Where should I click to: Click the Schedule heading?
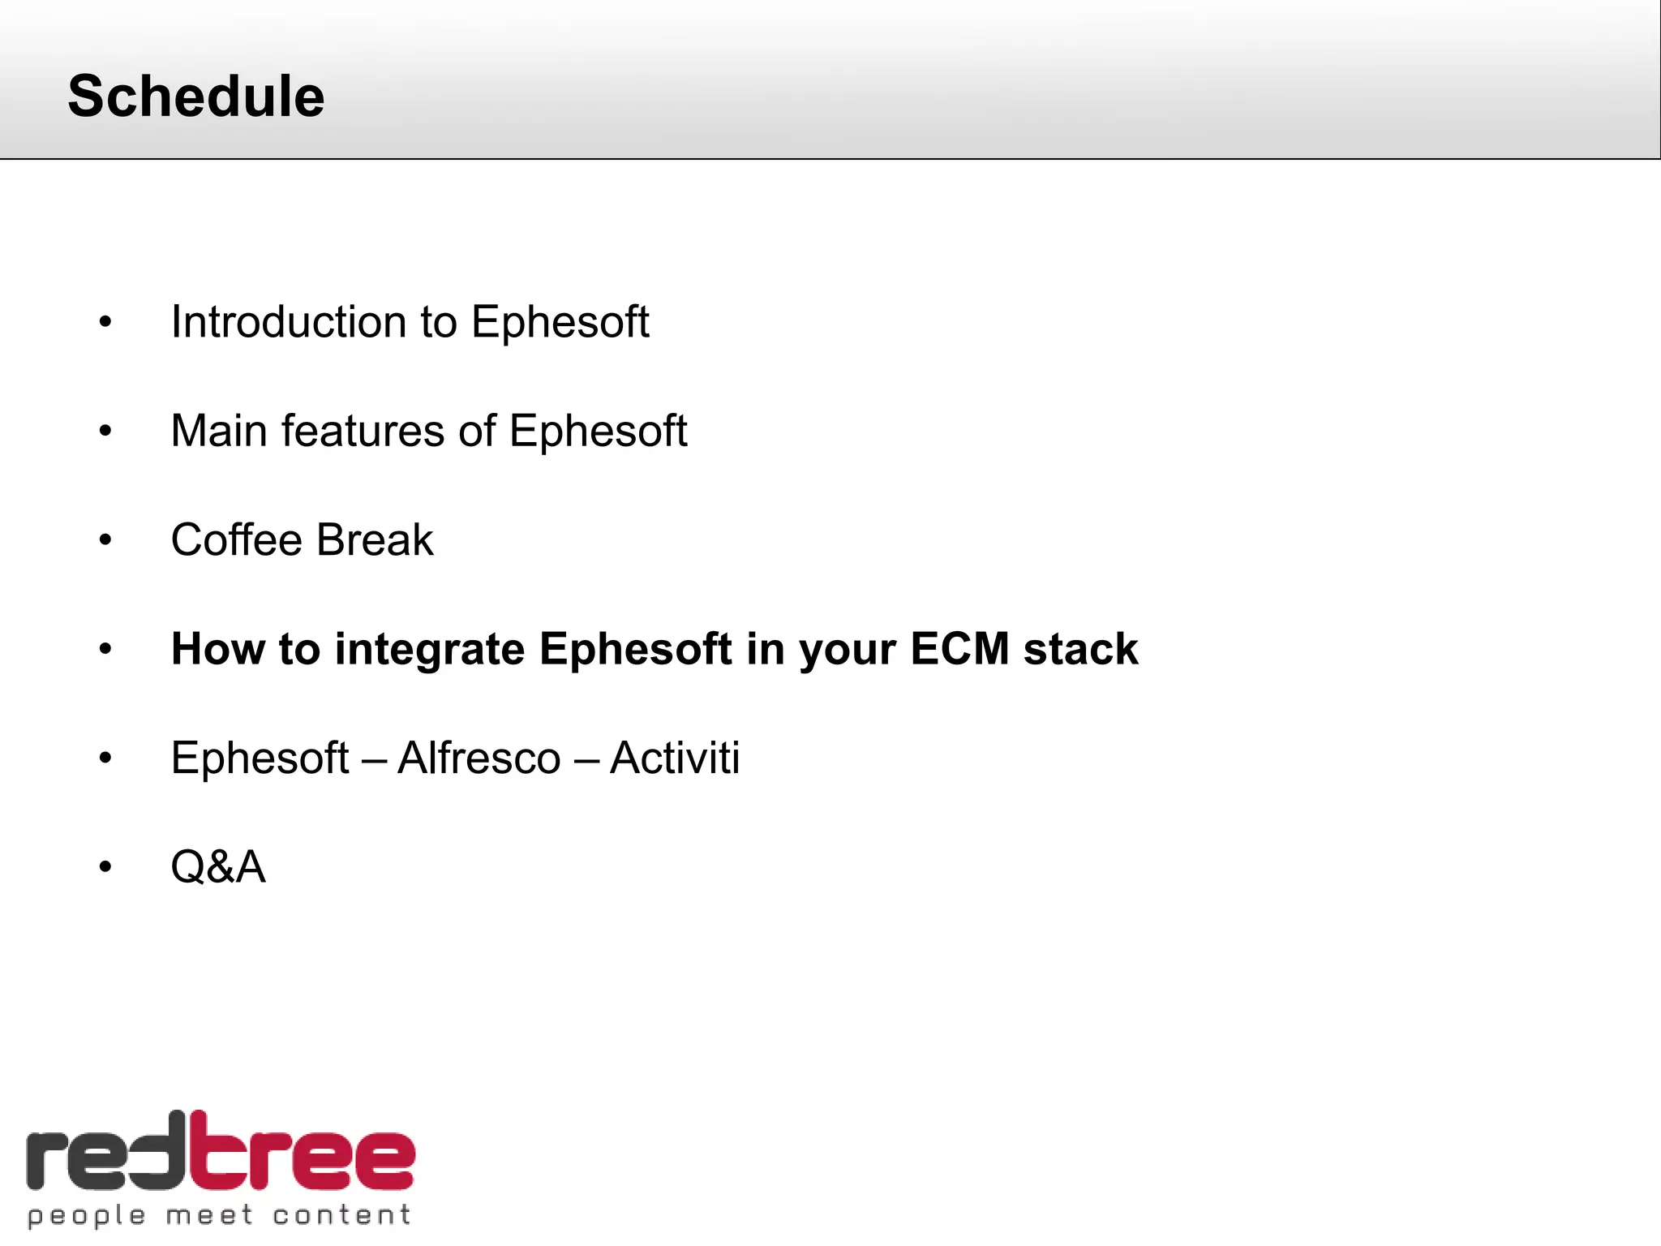point(196,97)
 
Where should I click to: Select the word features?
point(363,431)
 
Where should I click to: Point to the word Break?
point(375,540)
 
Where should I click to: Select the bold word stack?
point(1080,649)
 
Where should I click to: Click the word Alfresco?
point(479,758)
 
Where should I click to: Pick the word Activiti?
point(675,758)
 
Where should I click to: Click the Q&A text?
point(218,867)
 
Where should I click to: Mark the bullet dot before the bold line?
point(105,650)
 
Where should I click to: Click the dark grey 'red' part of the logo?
point(105,1160)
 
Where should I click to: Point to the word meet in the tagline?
point(209,1215)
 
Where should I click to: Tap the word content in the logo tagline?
point(341,1215)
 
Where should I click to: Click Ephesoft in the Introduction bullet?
point(560,322)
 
